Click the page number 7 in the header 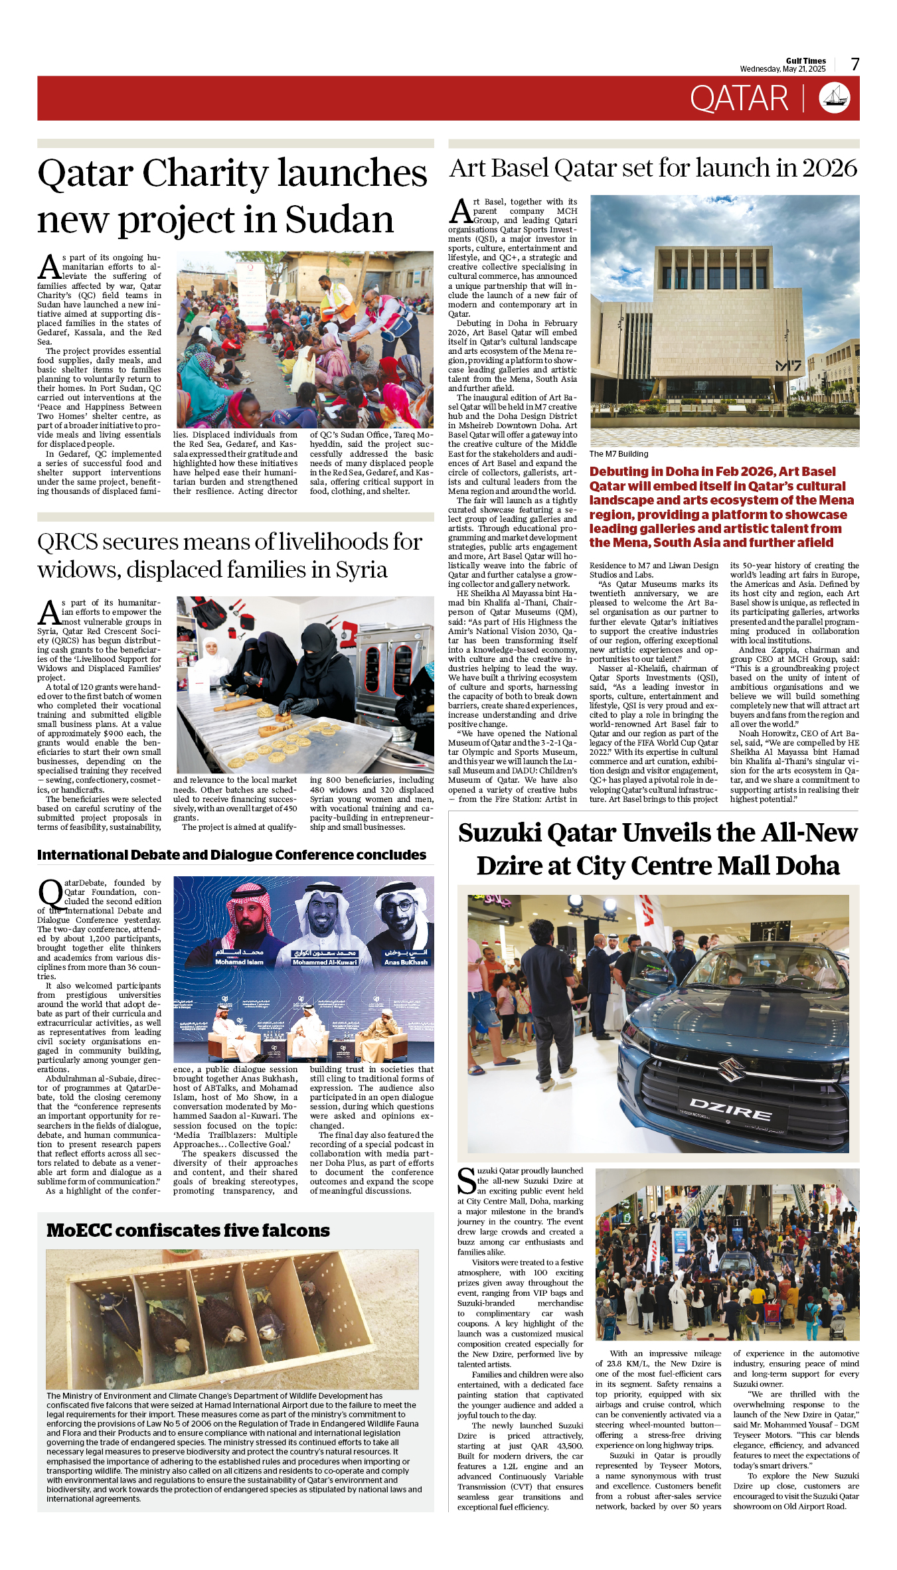[855, 64]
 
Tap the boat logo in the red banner [835, 98]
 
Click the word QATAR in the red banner [738, 99]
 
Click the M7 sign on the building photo [787, 366]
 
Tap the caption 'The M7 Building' [619, 454]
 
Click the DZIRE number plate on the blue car [730, 1107]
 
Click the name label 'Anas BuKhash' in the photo [406, 962]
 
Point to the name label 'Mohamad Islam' [239, 962]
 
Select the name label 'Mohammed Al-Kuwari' [325, 962]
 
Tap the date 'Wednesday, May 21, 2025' [783, 69]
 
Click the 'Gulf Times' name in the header [806, 60]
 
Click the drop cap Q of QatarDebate [50, 893]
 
